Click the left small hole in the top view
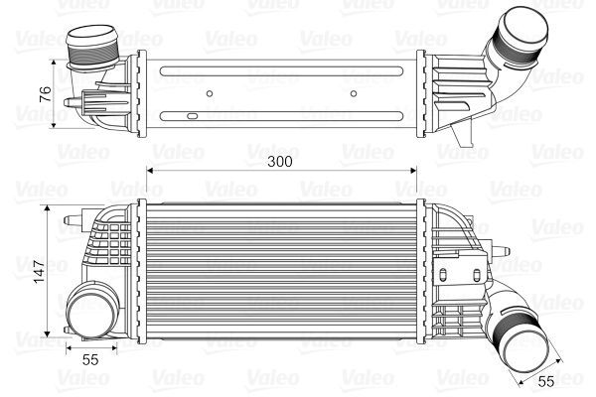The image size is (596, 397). [211, 96]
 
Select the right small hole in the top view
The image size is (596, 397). [354, 96]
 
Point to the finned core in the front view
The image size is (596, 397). [282, 268]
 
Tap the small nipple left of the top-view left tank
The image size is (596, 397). [71, 101]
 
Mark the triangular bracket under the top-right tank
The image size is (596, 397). [458, 132]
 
